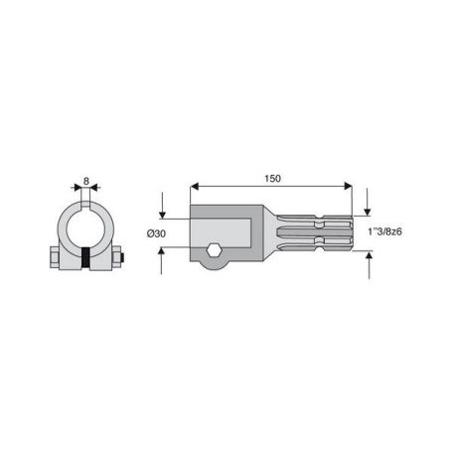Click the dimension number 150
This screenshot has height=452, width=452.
tap(272, 179)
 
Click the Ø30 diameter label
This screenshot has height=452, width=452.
tap(156, 233)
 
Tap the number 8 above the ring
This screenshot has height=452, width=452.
tap(86, 181)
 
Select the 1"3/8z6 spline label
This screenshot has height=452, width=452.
tap(384, 231)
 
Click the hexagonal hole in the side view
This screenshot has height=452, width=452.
tap(214, 250)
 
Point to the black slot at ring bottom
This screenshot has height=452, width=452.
tap(85, 258)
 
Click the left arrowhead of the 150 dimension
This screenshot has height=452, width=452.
tap(195, 186)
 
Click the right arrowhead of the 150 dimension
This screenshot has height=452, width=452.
tap(348, 186)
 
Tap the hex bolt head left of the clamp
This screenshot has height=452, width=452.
tap(55, 257)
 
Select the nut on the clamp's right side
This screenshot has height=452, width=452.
tap(116, 256)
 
